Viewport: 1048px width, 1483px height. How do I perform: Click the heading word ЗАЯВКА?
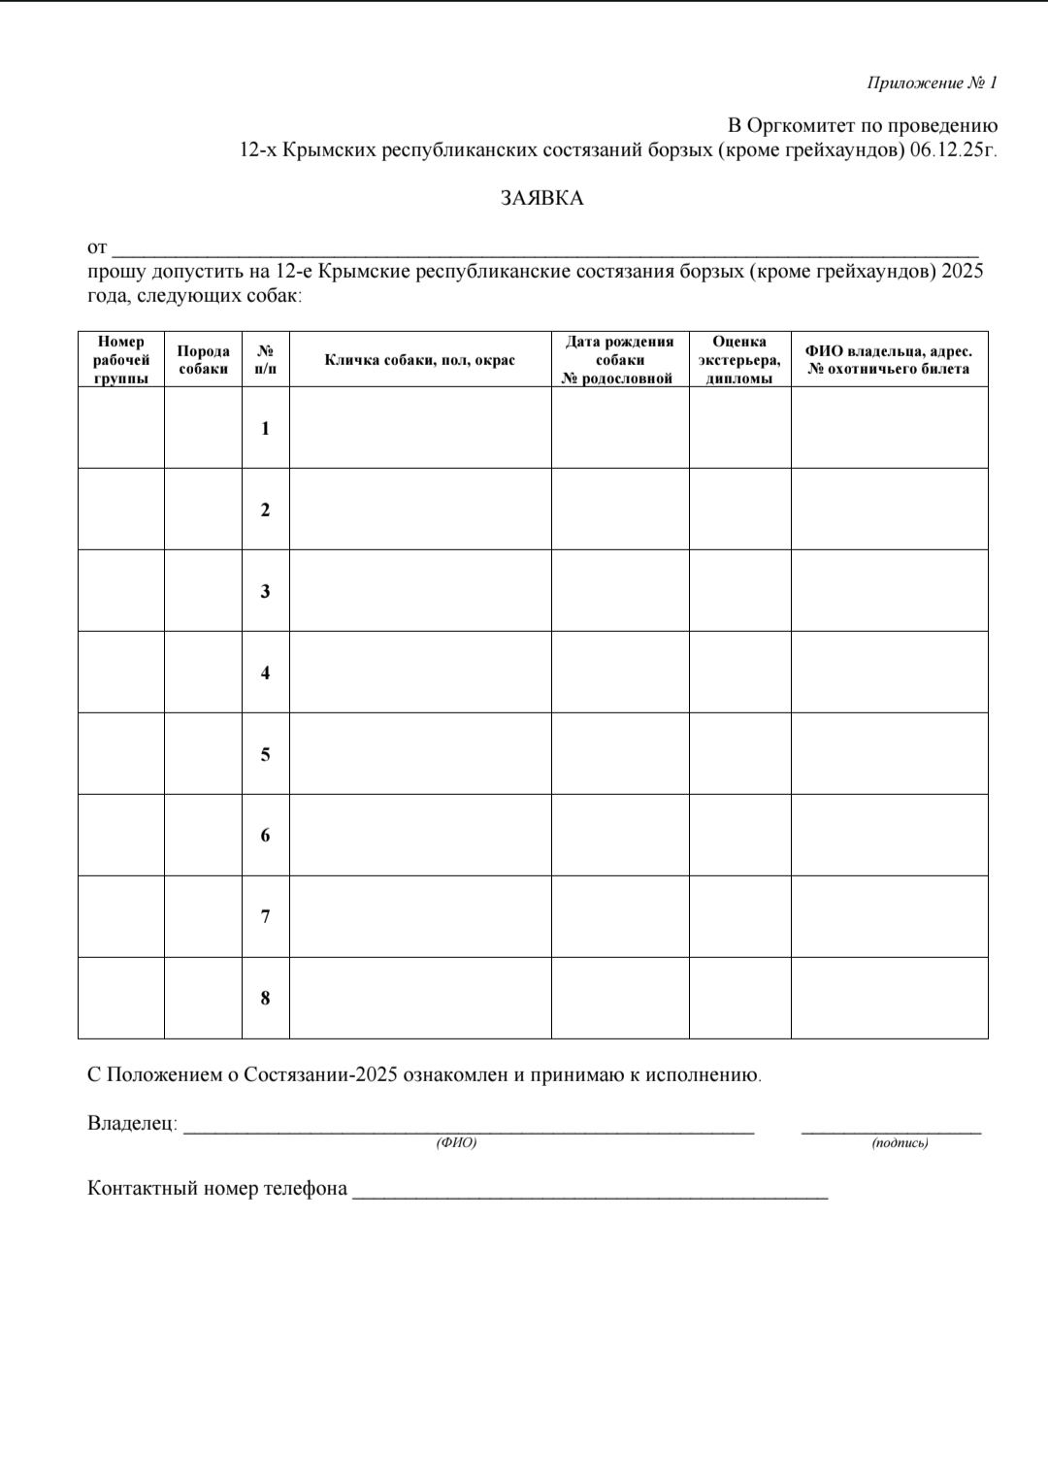click(541, 198)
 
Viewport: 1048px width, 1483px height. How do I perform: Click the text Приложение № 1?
click(932, 83)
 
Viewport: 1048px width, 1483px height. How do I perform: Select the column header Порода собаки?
click(203, 359)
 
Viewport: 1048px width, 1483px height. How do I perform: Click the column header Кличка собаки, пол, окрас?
click(419, 360)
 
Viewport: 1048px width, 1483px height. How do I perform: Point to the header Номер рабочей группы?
click(121, 359)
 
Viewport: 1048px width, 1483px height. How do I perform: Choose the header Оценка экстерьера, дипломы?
click(739, 359)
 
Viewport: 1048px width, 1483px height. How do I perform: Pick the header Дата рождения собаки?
click(619, 359)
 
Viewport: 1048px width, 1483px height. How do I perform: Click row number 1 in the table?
click(265, 428)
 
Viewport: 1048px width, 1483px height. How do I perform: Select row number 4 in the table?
click(265, 673)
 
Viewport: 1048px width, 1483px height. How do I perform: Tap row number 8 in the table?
click(265, 998)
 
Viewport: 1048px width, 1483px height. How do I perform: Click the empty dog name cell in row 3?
click(419, 591)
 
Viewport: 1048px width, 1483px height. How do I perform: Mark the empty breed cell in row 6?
click(203, 836)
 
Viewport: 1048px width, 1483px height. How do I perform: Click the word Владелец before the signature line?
click(131, 1124)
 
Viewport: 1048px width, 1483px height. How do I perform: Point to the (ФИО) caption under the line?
click(456, 1143)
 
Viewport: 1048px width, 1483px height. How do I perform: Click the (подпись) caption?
click(900, 1143)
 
